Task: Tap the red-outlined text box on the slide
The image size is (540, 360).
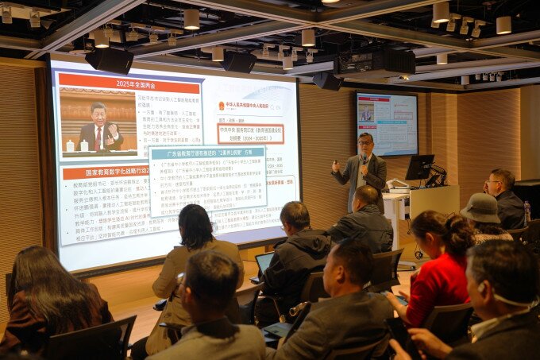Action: click(x=250, y=133)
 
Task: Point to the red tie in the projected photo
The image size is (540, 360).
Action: click(x=98, y=137)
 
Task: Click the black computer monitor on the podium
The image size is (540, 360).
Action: click(x=418, y=167)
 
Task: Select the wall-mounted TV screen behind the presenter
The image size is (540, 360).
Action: click(x=387, y=122)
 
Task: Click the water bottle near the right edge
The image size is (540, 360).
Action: click(x=526, y=211)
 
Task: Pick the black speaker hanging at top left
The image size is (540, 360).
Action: click(x=110, y=60)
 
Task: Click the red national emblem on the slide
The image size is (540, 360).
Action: click(x=222, y=106)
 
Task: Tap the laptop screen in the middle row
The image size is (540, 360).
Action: click(x=262, y=262)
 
